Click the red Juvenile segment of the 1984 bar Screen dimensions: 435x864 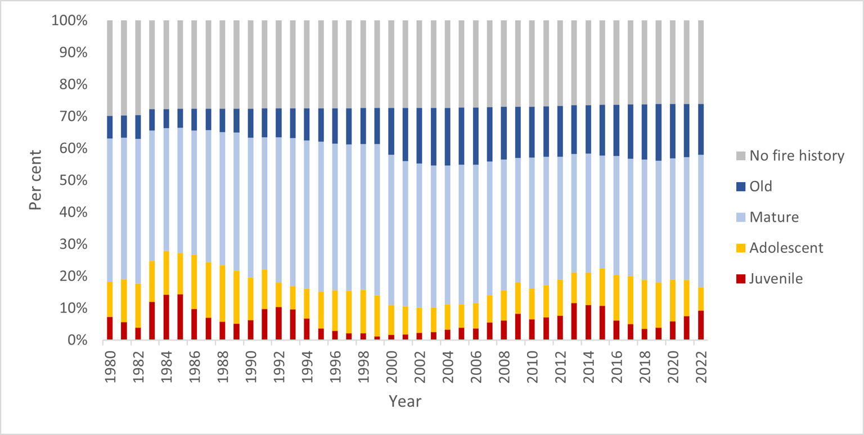click(166, 318)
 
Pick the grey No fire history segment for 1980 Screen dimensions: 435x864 click(110, 68)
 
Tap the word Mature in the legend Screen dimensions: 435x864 click(775, 217)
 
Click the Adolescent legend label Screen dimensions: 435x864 click(786, 248)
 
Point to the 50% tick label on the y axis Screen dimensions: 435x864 click(72, 180)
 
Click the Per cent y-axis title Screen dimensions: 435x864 click(36, 180)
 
